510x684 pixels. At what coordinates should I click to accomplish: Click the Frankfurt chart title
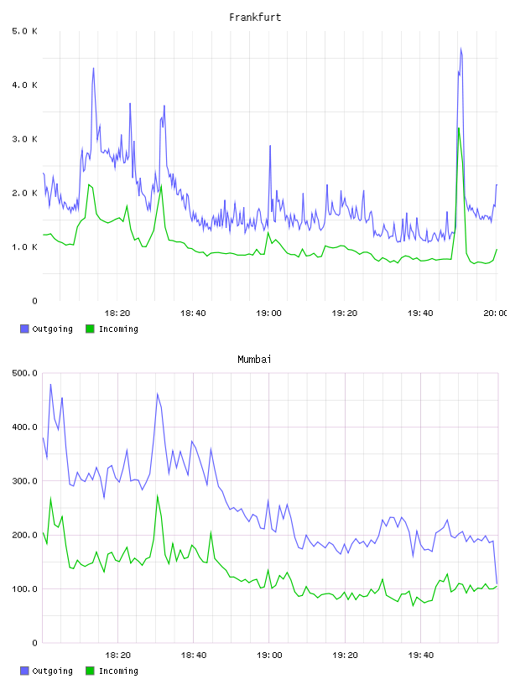255,18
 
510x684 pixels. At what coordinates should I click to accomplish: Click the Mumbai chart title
254,360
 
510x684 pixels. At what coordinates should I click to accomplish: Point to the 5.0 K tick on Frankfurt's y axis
24,31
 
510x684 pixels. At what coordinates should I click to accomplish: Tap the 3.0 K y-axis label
24,139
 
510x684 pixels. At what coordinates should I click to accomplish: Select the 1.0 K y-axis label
24,247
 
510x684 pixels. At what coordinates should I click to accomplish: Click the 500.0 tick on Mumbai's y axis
24,373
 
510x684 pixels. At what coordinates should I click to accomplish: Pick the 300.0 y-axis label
24,480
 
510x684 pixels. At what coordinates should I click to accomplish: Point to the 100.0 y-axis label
24,589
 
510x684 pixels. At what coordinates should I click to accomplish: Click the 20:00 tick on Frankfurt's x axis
496,313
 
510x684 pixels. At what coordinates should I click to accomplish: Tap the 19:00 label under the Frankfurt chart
268,313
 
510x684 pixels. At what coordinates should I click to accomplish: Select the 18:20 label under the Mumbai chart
117,655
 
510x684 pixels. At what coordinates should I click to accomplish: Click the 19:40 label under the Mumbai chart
420,655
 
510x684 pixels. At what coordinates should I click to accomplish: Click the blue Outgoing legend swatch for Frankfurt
24,329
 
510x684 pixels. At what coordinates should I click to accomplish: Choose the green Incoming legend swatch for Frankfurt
90,329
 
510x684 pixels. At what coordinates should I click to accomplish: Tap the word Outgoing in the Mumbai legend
52,671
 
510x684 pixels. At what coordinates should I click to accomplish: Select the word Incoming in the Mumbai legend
118,671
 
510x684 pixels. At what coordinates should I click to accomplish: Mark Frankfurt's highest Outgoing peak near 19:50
461,49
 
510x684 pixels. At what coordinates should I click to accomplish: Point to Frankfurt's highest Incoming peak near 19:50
459,128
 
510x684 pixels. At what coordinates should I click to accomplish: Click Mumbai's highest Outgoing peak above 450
50,384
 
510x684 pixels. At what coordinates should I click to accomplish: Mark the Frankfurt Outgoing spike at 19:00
270,146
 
